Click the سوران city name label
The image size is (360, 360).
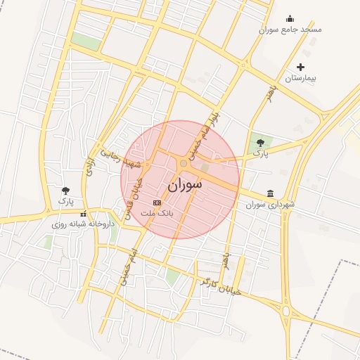click(184, 185)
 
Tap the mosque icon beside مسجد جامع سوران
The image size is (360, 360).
click(290, 19)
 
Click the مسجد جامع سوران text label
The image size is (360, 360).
click(290, 30)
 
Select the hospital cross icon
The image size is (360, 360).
click(301, 67)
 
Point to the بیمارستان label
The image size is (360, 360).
click(301, 78)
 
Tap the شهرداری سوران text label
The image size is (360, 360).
click(271, 205)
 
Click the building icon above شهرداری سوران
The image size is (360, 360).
click(271, 193)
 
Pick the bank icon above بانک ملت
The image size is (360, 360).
click(157, 202)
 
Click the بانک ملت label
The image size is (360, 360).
click(157, 212)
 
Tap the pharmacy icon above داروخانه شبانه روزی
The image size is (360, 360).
click(83, 214)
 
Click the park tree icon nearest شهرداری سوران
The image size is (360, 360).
click(260, 143)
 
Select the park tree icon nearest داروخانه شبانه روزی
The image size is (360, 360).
click(66, 191)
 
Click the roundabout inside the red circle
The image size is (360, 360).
click(184, 163)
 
